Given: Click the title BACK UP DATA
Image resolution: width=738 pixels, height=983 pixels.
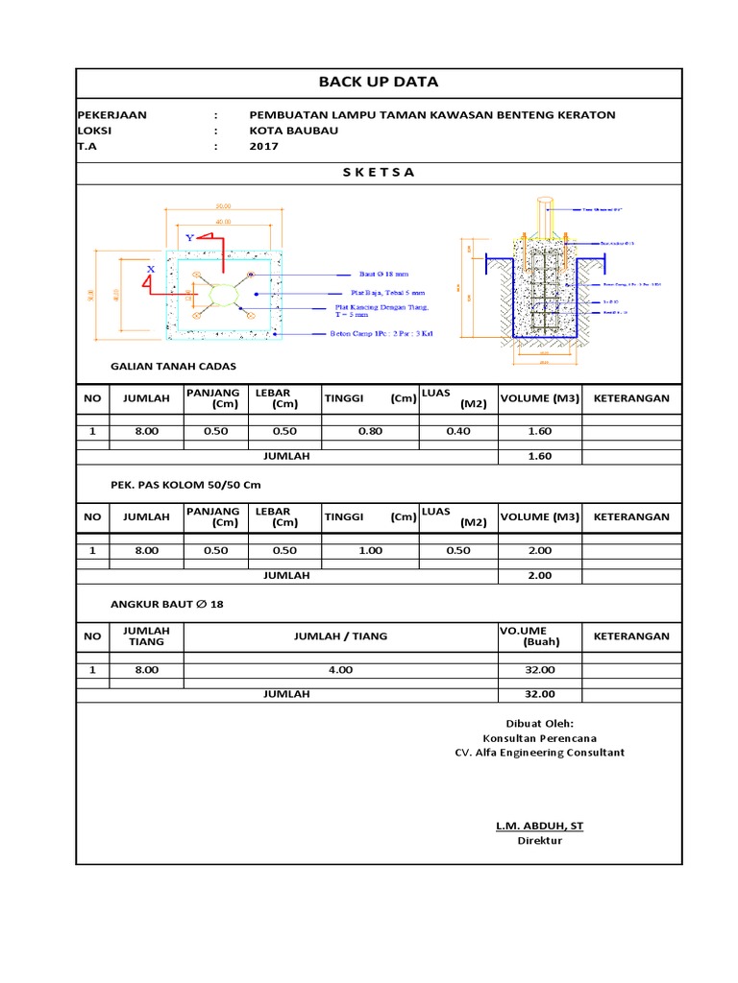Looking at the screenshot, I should pyautogui.click(x=378, y=83).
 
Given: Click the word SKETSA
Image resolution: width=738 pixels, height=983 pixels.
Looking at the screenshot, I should pyautogui.click(x=379, y=173).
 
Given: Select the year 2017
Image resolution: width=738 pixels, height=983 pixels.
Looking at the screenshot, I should pyautogui.click(x=262, y=147).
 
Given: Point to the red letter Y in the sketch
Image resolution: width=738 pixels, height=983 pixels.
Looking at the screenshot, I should pyautogui.click(x=190, y=236).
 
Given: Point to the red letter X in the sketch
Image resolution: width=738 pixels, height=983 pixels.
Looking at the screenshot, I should pyautogui.click(x=151, y=269).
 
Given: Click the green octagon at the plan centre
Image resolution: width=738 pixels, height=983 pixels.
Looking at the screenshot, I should pyautogui.click(x=222, y=293).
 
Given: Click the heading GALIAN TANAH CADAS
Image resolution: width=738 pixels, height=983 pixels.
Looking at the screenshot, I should pyautogui.click(x=173, y=367).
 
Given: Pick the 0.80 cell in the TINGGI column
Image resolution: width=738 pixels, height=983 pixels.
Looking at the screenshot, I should pyautogui.click(x=370, y=431).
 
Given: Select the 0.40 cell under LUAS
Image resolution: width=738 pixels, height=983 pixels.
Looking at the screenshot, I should pyautogui.click(x=458, y=431).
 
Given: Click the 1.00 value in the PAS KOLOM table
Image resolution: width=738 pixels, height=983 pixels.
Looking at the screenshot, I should pyautogui.click(x=370, y=550).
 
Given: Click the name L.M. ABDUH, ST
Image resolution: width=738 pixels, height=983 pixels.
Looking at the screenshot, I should pyautogui.click(x=539, y=826).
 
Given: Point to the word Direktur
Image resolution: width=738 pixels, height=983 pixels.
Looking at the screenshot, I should pyautogui.click(x=539, y=841).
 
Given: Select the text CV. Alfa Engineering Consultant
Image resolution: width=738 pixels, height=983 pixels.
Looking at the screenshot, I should pyautogui.click(x=539, y=753).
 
